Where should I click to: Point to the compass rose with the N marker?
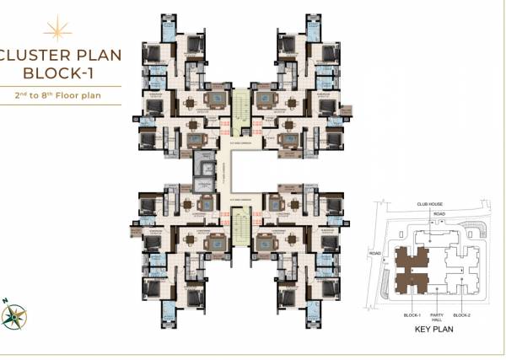point(14,316)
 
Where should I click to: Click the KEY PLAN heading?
point(435,329)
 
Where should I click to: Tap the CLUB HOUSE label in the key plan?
point(429,204)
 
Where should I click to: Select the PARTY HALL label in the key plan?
point(436,315)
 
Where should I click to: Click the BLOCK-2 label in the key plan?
point(461,314)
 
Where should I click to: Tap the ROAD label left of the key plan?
point(375,253)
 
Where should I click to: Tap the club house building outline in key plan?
point(435,236)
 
